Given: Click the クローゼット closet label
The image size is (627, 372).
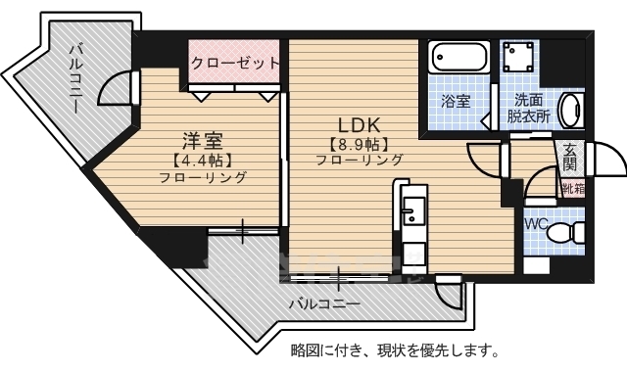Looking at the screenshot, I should [235, 63].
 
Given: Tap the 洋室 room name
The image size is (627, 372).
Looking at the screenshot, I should [203, 137].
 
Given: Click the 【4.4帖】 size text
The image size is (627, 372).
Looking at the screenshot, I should [203, 158].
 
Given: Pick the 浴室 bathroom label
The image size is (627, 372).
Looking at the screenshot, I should [454, 101].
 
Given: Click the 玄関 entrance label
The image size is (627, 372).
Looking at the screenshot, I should [571, 156].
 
